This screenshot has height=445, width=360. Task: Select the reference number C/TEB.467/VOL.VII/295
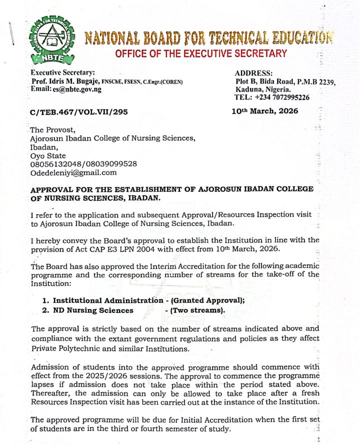click(x=79, y=112)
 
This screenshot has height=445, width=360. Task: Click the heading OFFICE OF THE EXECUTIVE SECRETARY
click(x=201, y=53)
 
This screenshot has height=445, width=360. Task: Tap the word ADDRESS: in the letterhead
click(x=253, y=73)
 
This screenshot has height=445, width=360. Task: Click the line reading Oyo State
click(x=48, y=155)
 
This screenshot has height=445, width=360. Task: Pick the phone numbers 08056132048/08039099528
click(x=84, y=164)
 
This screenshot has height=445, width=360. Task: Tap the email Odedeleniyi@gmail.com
click(x=73, y=172)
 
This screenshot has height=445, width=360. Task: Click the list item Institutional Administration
click(x=108, y=300)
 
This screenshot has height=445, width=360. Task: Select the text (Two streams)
click(x=197, y=310)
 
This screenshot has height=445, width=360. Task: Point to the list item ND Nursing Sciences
click(x=93, y=310)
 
